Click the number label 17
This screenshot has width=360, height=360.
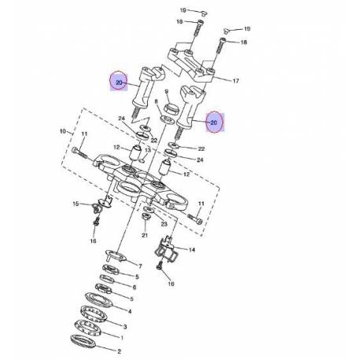pos(237,81)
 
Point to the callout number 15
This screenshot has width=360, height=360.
pos(75,204)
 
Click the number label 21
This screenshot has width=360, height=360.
pos(145,236)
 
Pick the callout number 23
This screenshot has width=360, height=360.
pos(163,224)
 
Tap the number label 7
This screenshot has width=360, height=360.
pos(138,266)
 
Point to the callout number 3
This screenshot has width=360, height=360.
pos(124,325)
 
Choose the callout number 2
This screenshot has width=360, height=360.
pos(119,352)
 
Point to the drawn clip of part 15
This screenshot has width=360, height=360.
pos(99,208)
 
